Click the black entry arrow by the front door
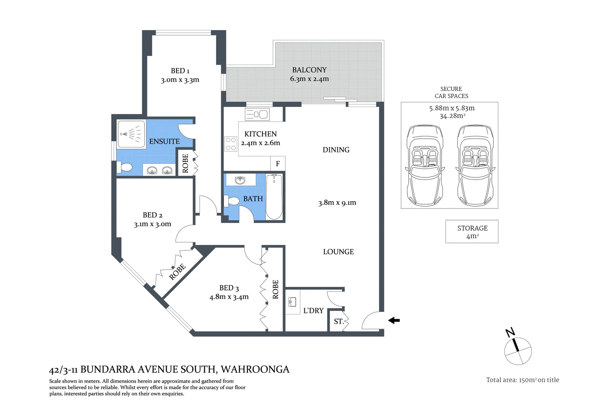pyautogui.click(x=394, y=320)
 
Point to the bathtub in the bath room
pyautogui.click(x=274, y=197)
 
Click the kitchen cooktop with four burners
pyautogui.click(x=231, y=143)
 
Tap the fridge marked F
pyautogui.click(x=278, y=164)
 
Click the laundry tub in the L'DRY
pyautogui.click(x=292, y=302)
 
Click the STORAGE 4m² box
pyautogui.click(x=472, y=232)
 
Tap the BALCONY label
pyautogui.click(x=309, y=70)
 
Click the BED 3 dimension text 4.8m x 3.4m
pyautogui.click(x=229, y=297)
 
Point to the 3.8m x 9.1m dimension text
pyautogui.click(x=337, y=203)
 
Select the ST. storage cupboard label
pyautogui.click(x=339, y=322)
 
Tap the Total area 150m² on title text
pyautogui.click(x=522, y=380)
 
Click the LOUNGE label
pyautogui.click(x=338, y=252)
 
